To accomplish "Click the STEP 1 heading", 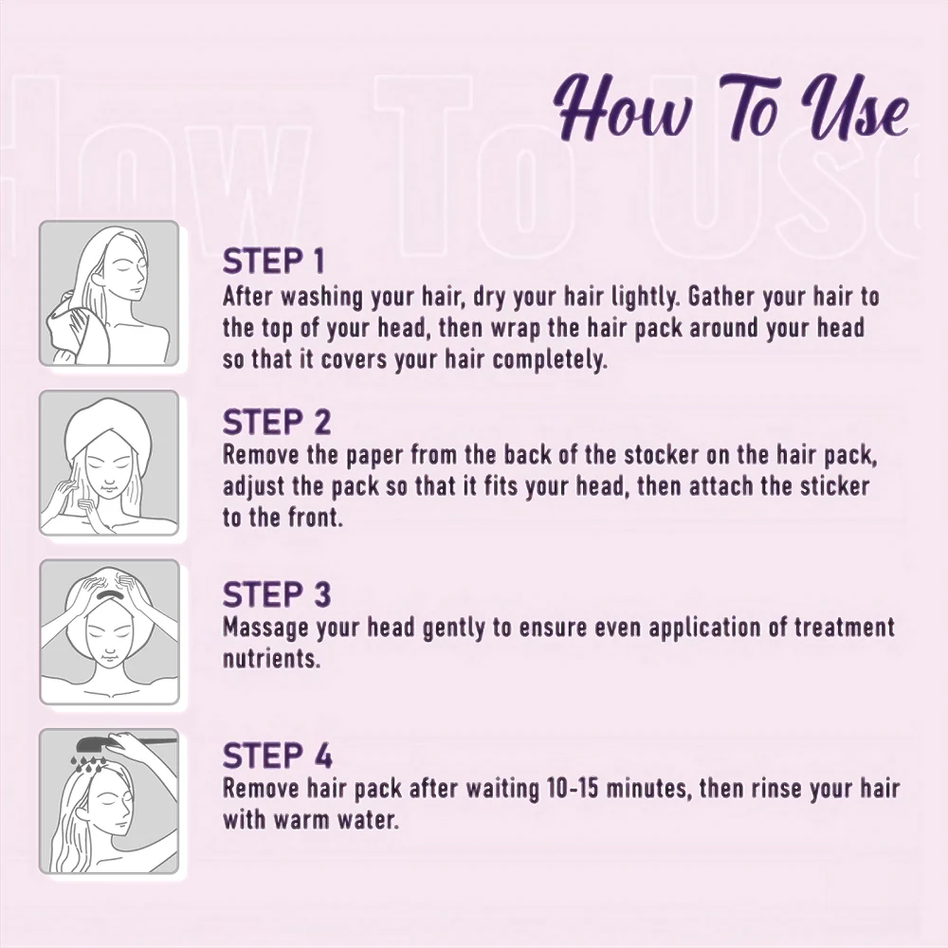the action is pyautogui.click(x=273, y=262).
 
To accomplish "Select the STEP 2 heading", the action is pyautogui.click(x=277, y=422).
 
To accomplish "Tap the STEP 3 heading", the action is pyautogui.click(x=277, y=595).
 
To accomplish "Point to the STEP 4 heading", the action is pyautogui.click(x=278, y=756).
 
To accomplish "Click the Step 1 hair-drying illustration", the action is pyautogui.click(x=109, y=293).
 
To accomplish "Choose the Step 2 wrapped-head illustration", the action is pyautogui.click(x=109, y=464).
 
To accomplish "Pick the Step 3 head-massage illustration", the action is pyautogui.click(x=109, y=631).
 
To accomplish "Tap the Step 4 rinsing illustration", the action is pyautogui.click(x=109, y=801).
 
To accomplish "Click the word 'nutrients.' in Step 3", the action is pyautogui.click(x=271, y=659).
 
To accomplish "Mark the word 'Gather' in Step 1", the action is pyautogui.click(x=720, y=297).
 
